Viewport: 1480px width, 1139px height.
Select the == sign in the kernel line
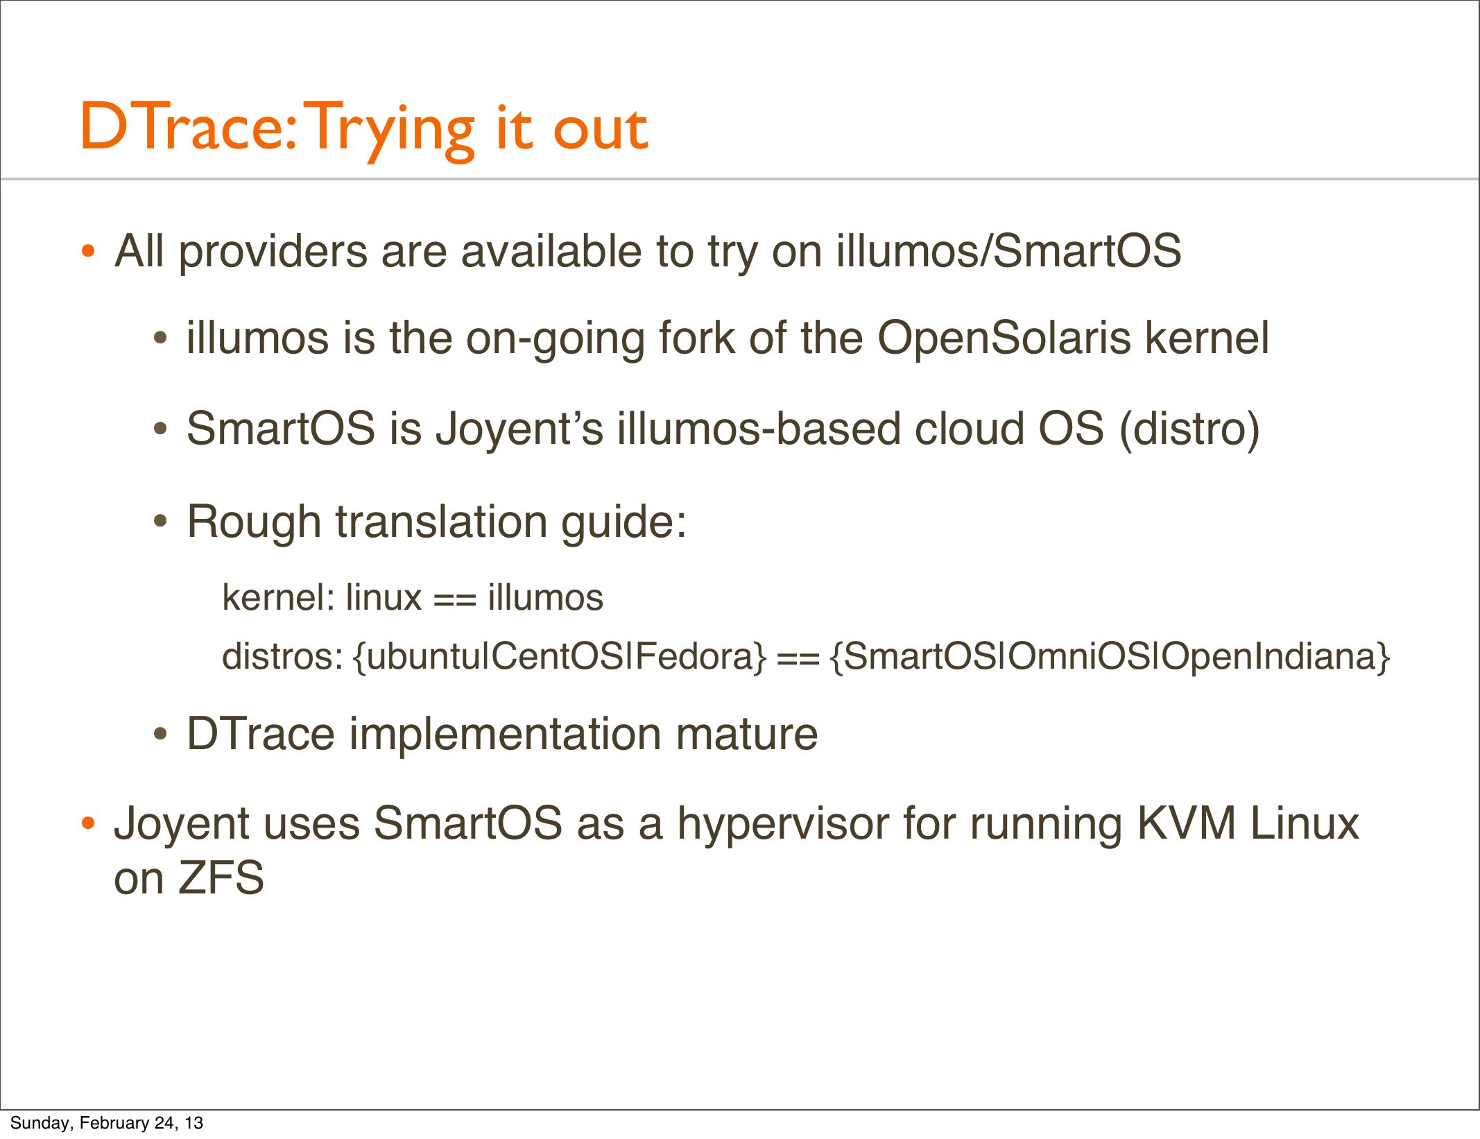tap(455, 598)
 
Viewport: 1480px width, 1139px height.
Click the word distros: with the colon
tap(282, 656)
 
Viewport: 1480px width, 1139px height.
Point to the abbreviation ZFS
tap(221, 878)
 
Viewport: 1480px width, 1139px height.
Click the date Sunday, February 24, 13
tap(107, 1123)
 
